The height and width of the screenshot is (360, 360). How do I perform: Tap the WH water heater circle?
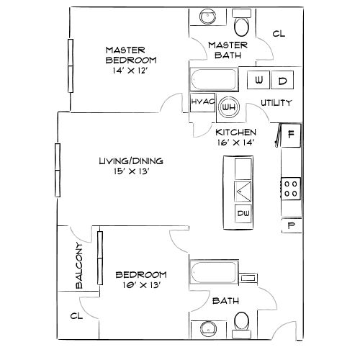point(229,107)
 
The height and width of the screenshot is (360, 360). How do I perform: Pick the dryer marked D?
point(282,80)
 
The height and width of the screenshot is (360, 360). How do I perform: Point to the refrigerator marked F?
point(291,133)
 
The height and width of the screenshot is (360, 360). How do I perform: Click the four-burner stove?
point(292,189)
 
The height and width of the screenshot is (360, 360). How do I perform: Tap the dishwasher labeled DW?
point(243,213)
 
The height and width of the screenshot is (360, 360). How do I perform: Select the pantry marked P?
point(292,225)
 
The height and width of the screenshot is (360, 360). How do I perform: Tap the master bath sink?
point(207,17)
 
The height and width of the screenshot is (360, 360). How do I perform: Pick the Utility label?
point(276,103)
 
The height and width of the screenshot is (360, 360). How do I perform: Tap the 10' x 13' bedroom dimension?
point(141,285)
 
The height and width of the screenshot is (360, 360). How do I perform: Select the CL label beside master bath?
point(279,33)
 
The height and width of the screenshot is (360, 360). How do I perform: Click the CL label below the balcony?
point(76,315)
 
